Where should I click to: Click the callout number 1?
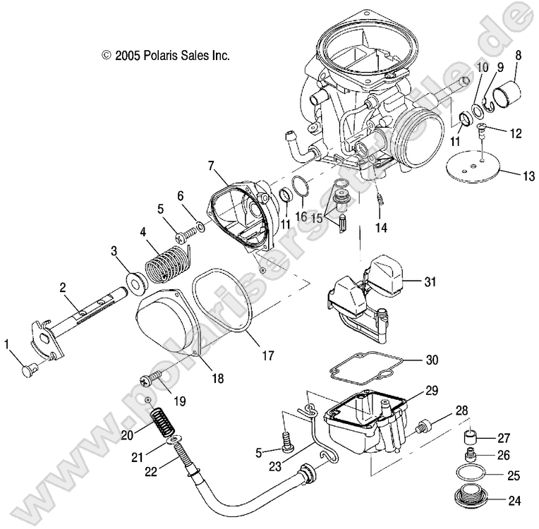pos(8,344)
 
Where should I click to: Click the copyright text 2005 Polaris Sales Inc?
pos(166,54)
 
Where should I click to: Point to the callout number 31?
pos(430,281)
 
